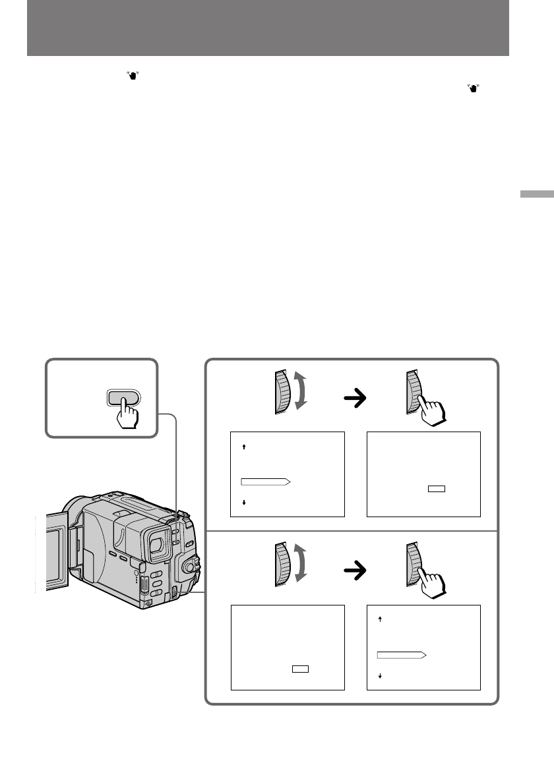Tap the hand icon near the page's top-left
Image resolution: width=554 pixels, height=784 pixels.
pyautogui.click(x=123, y=78)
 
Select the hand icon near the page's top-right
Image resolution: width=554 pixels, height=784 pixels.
pyautogui.click(x=473, y=88)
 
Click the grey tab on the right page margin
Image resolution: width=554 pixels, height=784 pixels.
pyautogui.click(x=536, y=195)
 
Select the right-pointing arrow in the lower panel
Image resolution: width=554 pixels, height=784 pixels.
pyautogui.click(x=355, y=572)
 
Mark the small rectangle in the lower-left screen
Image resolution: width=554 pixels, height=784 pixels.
pyautogui.click(x=301, y=669)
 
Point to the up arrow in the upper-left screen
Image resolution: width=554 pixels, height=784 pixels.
pyautogui.click(x=245, y=447)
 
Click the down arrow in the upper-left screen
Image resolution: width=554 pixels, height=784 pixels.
pyautogui.click(x=245, y=503)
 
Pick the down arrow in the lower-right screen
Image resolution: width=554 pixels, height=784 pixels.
pyautogui.click(x=381, y=676)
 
